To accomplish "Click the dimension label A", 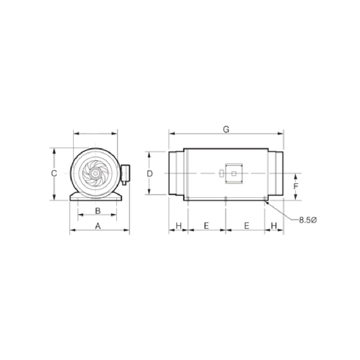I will pos(98,226).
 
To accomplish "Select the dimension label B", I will pos(97,210).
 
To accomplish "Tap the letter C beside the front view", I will pos(54,174).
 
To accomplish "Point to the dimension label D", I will pos(150,174).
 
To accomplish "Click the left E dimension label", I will pos(206,226).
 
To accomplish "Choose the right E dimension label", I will pos(247,226).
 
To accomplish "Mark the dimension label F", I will pos(296,186).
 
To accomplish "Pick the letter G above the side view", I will pos(226,129).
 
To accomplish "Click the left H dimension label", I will pos(179,226).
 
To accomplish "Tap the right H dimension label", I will pos(274,226).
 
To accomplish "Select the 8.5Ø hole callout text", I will pos(307,219).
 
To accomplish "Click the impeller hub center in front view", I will pos(96,174).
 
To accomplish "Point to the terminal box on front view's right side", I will pos(125,174).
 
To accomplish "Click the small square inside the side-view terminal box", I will pos(234,174).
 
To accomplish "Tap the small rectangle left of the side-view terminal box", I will pos(221,174).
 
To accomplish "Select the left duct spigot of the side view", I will pos(176,174).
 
